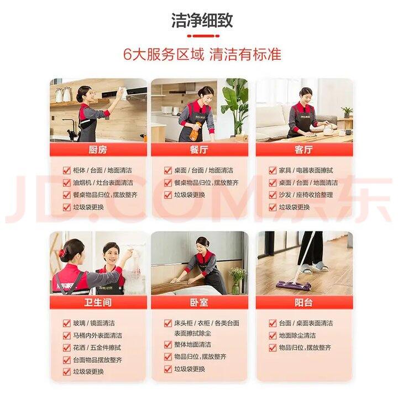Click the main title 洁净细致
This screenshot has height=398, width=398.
pyautogui.click(x=202, y=20)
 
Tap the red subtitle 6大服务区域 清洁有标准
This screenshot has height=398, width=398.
pyautogui.click(x=202, y=54)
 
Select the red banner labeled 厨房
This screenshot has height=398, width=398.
pyautogui.click(x=98, y=149)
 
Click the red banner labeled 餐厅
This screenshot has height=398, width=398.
pyautogui.click(x=199, y=149)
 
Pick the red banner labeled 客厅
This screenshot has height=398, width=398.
pyautogui.click(x=304, y=149)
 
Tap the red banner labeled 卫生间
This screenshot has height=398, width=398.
pyautogui.click(x=98, y=302)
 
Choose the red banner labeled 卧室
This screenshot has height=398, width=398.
pyautogui.click(x=199, y=302)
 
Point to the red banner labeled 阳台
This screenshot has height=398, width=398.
pyautogui.click(x=304, y=302)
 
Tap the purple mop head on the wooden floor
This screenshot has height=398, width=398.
pyautogui.click(x=294, y=285)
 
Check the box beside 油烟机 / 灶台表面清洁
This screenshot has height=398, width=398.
pyautogui.click(x=67, y=183)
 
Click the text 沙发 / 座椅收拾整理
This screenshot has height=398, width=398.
pyautogui.click(x=306, y=195)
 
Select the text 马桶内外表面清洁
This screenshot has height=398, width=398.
pyautogui.click(x=97, y=336)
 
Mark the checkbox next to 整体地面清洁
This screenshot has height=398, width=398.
pyautogui.click(x=168, y=344)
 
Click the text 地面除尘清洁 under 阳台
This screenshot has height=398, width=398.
pyautogui.click(x=297, y=336)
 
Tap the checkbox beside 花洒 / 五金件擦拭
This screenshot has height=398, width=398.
pyautogui.click(x=67, y=348)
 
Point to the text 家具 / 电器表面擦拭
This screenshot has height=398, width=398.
pyautogui.click(x=306, y=170)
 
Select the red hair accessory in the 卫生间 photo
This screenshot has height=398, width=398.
pyautogui.click(x=62, y=253)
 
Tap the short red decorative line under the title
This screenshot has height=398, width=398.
pyautogui.click(x=203, y=36)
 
